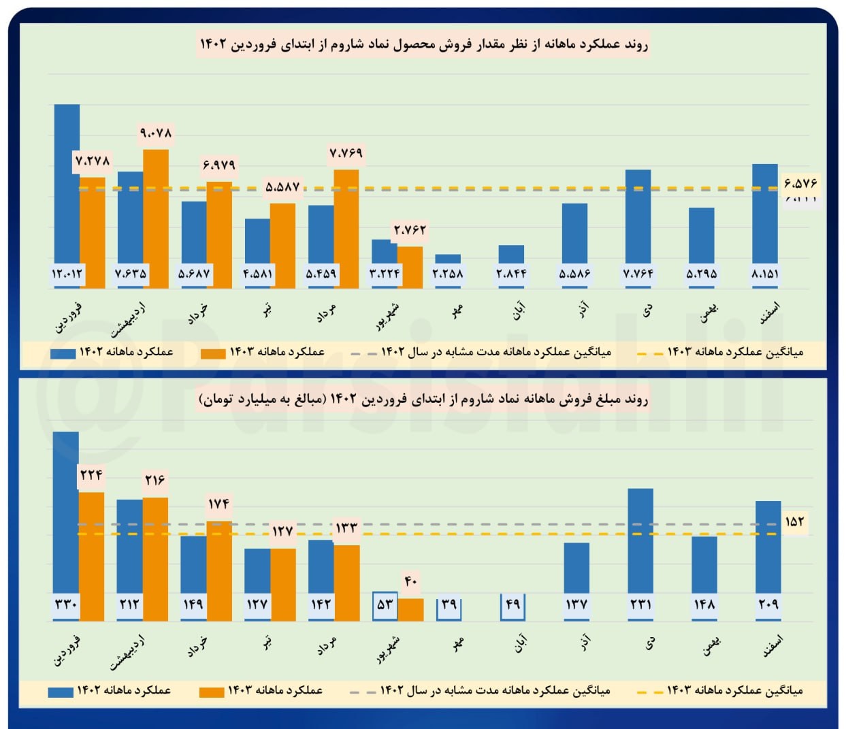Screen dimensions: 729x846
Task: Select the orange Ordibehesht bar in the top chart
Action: coord(156,218)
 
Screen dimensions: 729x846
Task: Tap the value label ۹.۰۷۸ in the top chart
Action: coord(156,133)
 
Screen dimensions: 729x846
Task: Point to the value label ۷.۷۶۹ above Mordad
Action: coord(346,153)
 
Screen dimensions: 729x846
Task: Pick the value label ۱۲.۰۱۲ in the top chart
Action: coord(67,274)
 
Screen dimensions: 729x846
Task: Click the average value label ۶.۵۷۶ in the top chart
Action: coord(800,183)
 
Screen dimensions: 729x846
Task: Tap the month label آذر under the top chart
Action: coord(583,310)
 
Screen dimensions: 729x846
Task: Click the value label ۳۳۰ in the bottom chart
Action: coord(65,604)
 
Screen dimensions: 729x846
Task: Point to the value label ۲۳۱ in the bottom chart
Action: coord(640,604)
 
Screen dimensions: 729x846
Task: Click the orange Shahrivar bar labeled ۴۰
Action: coord(410,609)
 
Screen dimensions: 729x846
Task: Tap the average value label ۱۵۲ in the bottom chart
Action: coord(794,522)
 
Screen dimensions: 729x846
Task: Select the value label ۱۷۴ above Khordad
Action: coord(218,504)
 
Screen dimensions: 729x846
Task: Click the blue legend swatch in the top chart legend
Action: coord(63,353)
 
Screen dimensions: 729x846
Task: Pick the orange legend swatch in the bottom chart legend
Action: coord(211,692)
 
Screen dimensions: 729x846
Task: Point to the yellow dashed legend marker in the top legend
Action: coord(649,353)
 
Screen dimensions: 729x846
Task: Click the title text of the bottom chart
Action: coord(423,399)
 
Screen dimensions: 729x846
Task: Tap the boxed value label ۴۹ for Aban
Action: coord(513,604)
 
